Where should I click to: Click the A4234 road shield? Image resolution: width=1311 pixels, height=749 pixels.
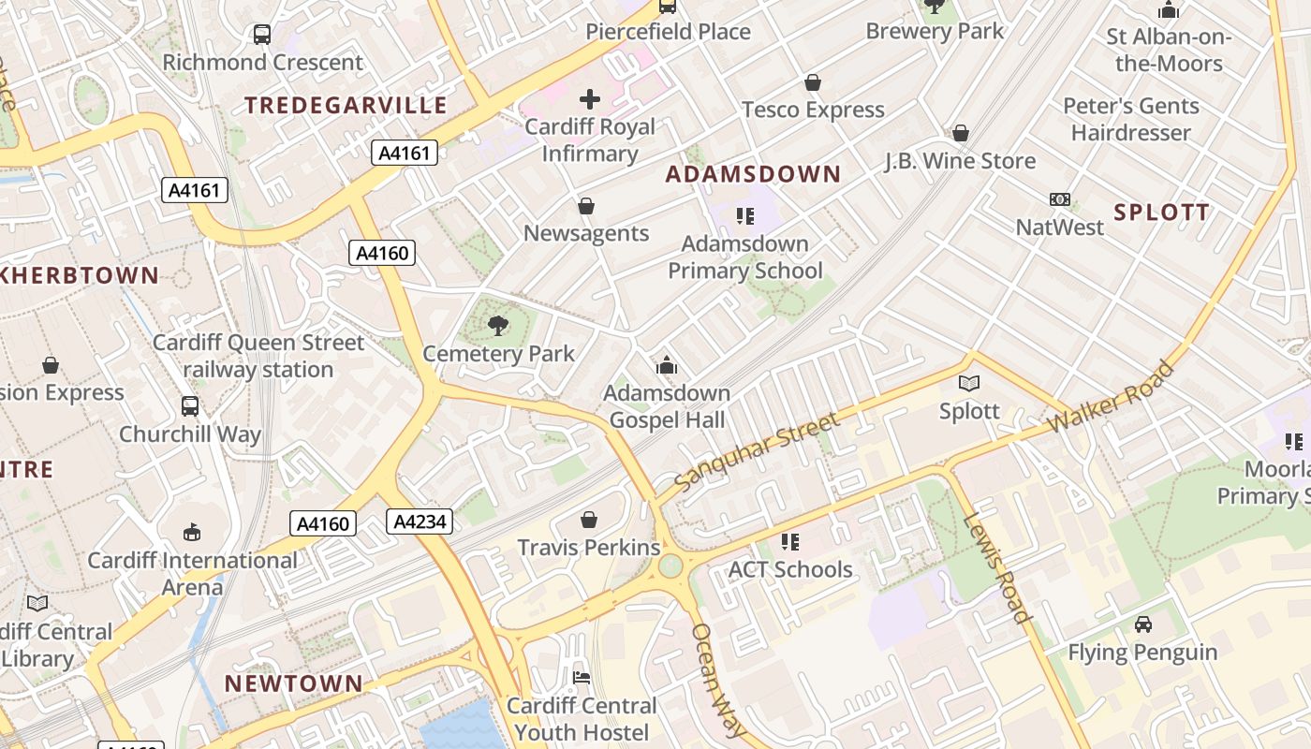click(420, 521)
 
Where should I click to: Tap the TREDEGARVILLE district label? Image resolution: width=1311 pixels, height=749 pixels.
click(346, 105)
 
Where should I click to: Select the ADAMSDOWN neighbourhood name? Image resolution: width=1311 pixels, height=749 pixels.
click(753, 174)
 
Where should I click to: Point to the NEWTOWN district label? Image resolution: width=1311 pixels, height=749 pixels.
click(293, 683)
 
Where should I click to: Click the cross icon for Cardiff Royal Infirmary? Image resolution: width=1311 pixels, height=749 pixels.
click(590, 98)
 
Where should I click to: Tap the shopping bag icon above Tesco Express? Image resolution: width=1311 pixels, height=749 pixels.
click(813, 83)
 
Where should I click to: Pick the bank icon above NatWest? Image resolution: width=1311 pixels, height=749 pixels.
click(1060, 199)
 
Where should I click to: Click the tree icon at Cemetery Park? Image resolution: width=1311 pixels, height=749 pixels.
click(498, 326)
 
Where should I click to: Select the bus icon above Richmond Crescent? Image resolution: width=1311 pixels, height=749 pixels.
click(262, 36)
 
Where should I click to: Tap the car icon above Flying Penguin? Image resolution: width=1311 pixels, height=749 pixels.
click(1142, 624)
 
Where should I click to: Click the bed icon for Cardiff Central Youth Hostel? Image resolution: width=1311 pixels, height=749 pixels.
click(582, 678)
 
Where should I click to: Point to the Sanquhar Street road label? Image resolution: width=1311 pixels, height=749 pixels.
click(757, 453)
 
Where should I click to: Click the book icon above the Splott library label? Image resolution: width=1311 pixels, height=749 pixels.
click(969, 384)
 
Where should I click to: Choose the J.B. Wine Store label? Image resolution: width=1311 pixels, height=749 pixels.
click(960, 161)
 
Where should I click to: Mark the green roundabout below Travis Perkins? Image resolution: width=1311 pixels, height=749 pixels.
click(670, 566)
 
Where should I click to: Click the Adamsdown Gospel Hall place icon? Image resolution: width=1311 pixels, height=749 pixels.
click(667, 365)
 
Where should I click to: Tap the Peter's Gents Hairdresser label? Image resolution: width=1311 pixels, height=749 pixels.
click(1130, 119)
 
